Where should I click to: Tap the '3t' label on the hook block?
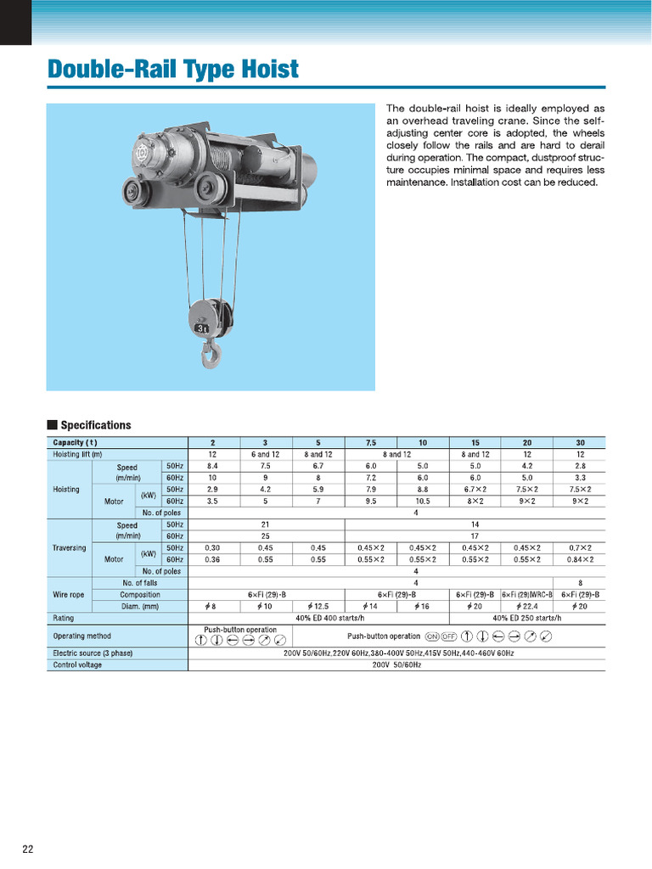(x=201, y=327)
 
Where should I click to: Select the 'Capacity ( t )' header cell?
(x=76, y=442)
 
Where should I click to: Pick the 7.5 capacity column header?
(x=371, y=442)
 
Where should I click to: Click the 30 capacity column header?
(x=579, y=442)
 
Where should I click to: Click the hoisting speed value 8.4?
(x=213, y=466)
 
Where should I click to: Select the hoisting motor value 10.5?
(x=424, y=502)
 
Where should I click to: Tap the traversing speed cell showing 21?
(x=266, y=524)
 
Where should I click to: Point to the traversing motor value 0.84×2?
(x=579, y=559)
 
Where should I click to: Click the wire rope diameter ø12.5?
(x=318, y=607)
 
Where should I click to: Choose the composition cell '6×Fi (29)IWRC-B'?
(x=526, y=595)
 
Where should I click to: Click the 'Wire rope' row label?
(x=68, y=595)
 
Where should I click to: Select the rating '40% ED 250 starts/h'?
(x=527, y=618)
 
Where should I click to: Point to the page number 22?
(x=28, y=849)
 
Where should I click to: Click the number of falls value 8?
(x=579, y=583)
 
